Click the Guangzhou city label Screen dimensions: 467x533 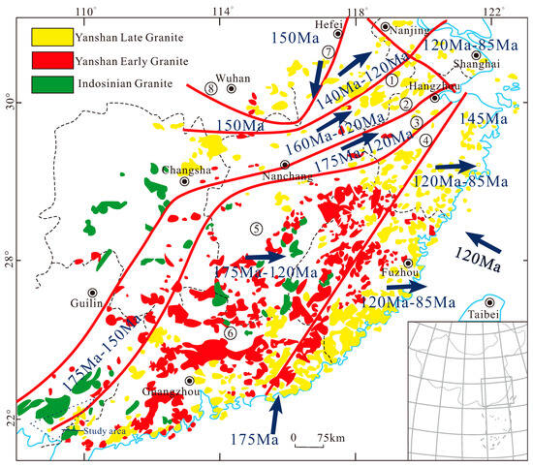[x=188, y=392]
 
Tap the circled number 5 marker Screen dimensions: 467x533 [x=255, y=229]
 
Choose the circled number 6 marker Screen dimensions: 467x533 [x=230, y=332]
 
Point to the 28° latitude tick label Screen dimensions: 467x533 [x=12, y=262]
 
